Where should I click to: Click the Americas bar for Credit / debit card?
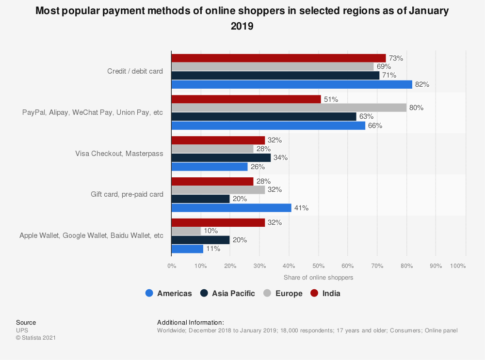click(x=291, y=84)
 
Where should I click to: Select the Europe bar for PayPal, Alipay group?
click(x=289, y=108)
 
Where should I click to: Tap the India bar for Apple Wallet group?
click(x=218, y=222)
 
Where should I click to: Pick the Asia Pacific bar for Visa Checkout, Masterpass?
click(x=221, y=157)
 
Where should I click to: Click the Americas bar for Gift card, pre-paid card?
click(x=231, y=208)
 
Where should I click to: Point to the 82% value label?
click(x=422, y=84)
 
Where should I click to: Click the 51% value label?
click(x=331, y=99)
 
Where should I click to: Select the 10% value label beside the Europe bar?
click(x=210, y=231)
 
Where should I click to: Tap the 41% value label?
click(x=301, y=208)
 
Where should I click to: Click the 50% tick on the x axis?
click(x=318, y=266)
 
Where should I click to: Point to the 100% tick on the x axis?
click(x=458, y=266)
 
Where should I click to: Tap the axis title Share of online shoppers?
click(x=318, y=278)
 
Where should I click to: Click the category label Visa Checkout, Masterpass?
click(x=119, y=153)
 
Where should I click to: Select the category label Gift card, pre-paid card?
click(x=127, y=194)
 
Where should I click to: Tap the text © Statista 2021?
click(x=36, y=338)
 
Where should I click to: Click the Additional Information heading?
click(x=191, y=322)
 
